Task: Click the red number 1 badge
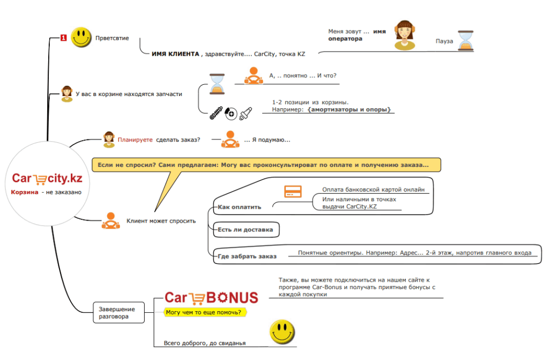[63, 38]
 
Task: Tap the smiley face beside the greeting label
[81, 37]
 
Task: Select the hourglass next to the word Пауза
[466, 41]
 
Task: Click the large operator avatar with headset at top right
[405, 35]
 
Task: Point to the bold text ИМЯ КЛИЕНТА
[175, 54]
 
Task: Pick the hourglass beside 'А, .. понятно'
[217, 84]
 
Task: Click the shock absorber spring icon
[216, 113]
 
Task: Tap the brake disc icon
[231, 113]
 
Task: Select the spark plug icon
[246, 113]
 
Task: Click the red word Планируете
[135, 139]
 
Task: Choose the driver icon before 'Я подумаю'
[230, 139]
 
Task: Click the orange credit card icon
[293, 192]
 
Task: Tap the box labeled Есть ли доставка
[246, 230]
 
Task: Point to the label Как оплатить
[240, 207]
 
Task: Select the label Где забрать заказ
[247, 256]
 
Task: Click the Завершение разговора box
[118, 312]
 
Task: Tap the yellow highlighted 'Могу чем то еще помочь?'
[205, 312]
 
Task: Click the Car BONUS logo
[211, 298]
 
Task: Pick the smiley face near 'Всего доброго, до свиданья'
[282, 332]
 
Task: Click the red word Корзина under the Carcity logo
[25, 192]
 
